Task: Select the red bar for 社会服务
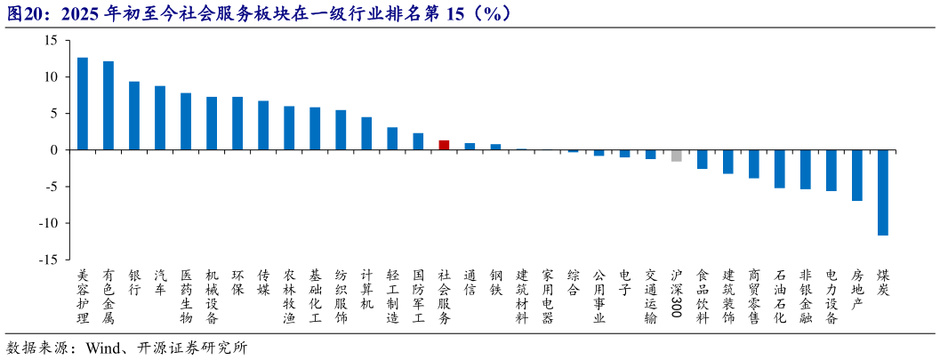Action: (444, 145)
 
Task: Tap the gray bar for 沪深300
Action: (676, 156)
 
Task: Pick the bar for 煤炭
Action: (883, 192)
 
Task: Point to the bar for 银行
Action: (134, 116)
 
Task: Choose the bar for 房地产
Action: (857, 175)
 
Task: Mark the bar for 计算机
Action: (366, 133)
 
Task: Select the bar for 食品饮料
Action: (703, 159)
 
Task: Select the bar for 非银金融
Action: (806, 169)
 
